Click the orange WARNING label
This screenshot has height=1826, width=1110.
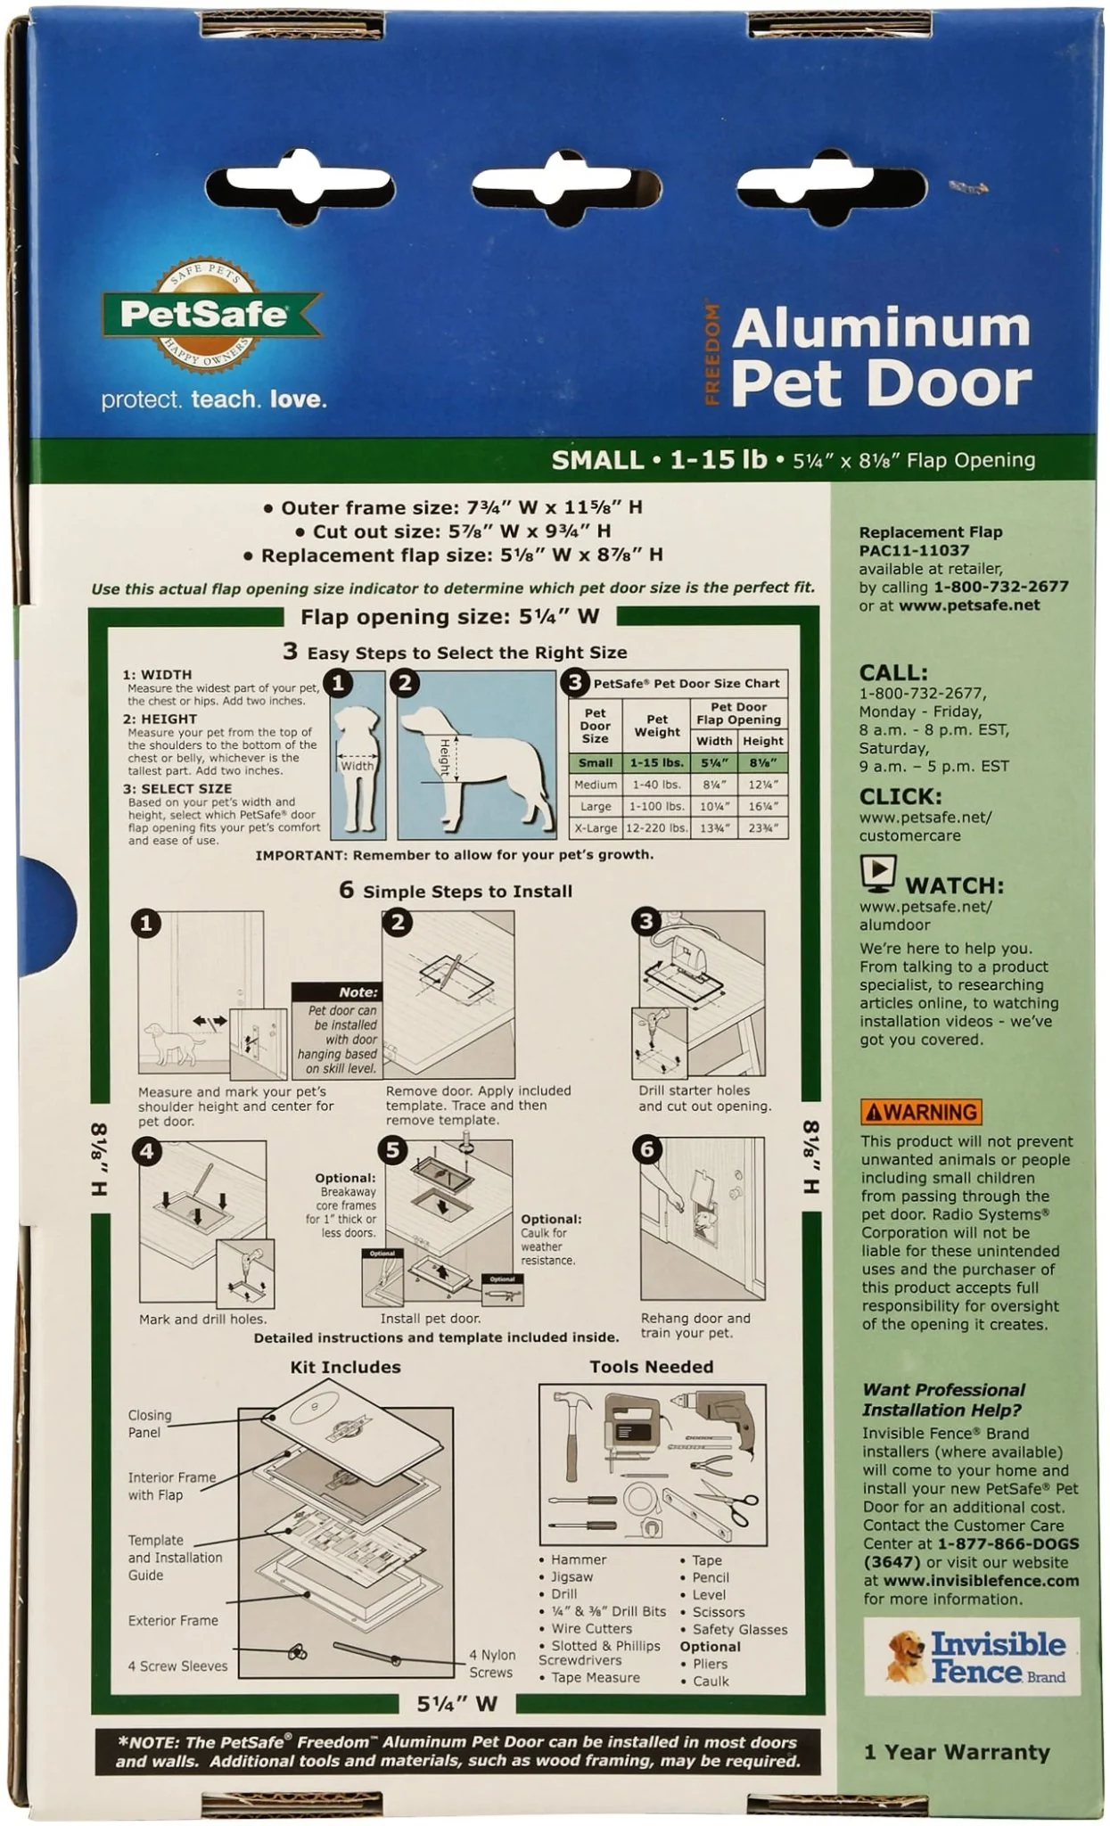921,1112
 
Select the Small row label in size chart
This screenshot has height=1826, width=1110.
595,762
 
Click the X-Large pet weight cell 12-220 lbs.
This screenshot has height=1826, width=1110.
656,827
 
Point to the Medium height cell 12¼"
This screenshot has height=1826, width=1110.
763,785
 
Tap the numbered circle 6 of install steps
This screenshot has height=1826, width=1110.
647,1149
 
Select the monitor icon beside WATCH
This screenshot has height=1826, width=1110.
877,873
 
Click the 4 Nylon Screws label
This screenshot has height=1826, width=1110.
491,1663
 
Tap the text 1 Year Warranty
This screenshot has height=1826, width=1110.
956,1752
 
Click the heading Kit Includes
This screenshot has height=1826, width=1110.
345,1367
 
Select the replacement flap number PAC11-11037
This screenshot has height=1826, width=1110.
913,551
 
